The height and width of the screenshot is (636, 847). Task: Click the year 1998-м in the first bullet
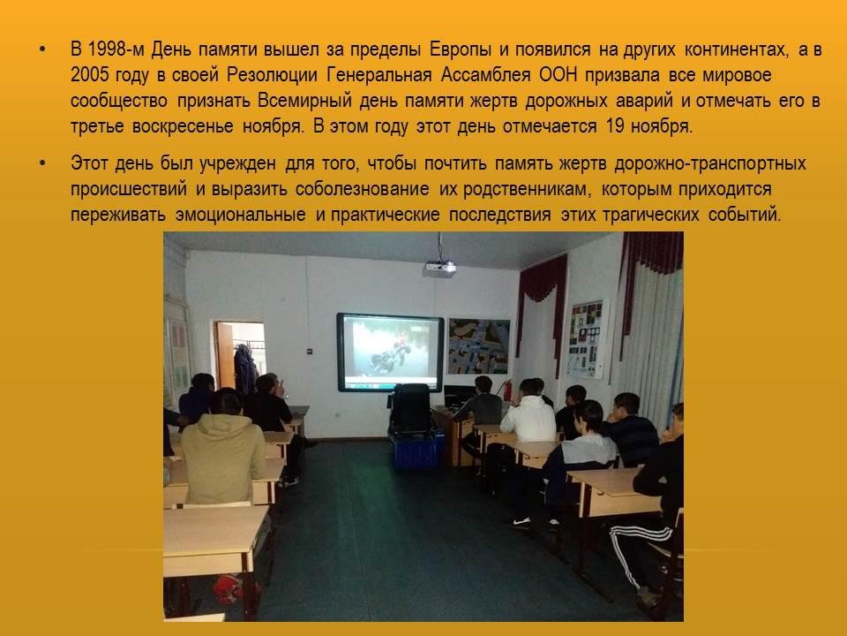pyautogui.click(x=116, y=49)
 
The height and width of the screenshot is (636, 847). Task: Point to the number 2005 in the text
pyautogui.click(x=90, y=74)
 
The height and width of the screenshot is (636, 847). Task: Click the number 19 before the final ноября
pyautogui.click(x=615, y=126)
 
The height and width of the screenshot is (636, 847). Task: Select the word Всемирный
pyautogui.click(x=304, y=101)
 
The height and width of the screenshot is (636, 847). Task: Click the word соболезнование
pyautogui.click(x=362, y=189)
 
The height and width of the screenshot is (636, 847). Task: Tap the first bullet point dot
pyautogui.click(x=42, y=50)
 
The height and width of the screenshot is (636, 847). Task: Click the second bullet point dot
pyautogui.click(x=42, y=164)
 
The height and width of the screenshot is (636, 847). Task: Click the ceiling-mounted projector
pyautogui.click(x=439, y=268)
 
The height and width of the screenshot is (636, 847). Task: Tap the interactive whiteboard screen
pyautogui.click(x=390, y=352)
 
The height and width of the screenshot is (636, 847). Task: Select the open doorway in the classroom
pyautogui.click(x=239, y=356)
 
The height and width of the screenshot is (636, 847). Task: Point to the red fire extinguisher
pyautogui.click(x=506, y=390)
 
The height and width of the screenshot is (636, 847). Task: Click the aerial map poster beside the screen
pyautogui.click(x=478, y=346)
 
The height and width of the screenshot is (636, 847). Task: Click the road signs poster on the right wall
pyautogui.click(x=586, y=339)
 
